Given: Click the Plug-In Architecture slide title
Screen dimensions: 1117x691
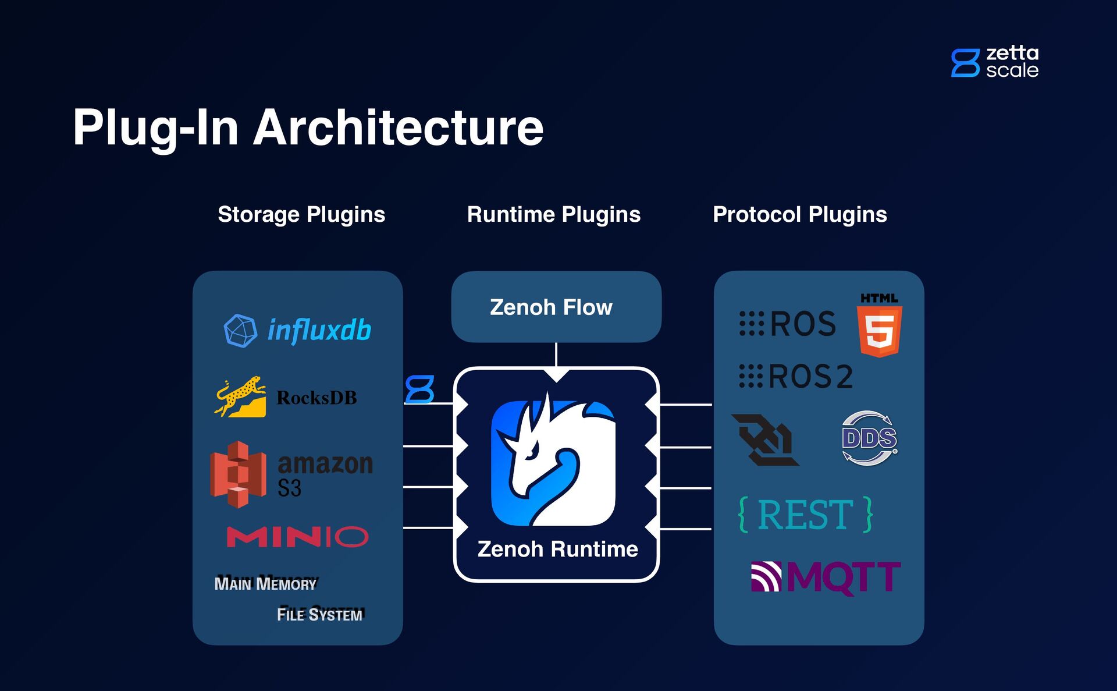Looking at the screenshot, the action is [x=308, y=127].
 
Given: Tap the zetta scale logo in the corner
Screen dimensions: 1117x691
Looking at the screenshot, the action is [x=995, y=62].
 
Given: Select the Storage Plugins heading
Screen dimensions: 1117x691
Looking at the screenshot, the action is [x=301, y=214].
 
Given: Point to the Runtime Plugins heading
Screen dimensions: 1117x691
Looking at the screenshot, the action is [x=553, y=214].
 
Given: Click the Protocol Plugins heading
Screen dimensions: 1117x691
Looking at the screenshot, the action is [x=800, y=214].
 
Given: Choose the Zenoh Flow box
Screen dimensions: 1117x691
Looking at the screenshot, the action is [x=556, y=307].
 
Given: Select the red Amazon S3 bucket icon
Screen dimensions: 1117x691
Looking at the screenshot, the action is [x=239, y=474].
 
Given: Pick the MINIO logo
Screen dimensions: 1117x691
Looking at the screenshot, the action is [x=297, y=536].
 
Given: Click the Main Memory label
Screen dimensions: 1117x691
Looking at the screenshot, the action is [x=265, y=583].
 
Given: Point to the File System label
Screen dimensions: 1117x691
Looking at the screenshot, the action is [x=319, y=614].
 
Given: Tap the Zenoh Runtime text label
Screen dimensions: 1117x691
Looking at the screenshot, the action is [x=557, y=549].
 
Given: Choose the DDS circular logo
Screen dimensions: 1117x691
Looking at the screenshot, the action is [x=869, y=438].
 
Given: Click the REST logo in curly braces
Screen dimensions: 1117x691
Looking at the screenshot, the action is [x=806, y=515].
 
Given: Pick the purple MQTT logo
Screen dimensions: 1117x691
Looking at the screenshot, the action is [x=826, y=577].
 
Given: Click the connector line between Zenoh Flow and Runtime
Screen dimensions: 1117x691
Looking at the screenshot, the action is [x=556, y=355].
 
